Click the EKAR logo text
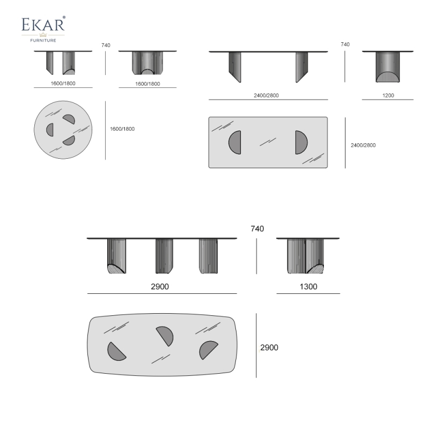pyautogui.click(x=43, y=25)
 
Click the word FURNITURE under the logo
pyautogui.click(x=43, y=40)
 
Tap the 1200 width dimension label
pyautogui.click(x=388, y=95)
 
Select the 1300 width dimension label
pyautogui.click(x=308, y=287)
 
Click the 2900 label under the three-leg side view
pyautogui.click(x=160, y=287)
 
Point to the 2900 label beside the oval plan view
pyautogui.click(x=269, y=347)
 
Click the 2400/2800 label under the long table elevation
pyautogui.click(x=266, y=95)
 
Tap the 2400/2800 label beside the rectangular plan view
pyautogui.click(x=363, y=145)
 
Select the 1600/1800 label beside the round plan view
pyautogui.click(x=122, y=129)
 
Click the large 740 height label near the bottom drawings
pyautogui.click(x=257, y=229)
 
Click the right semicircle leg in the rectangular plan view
pyautogui.click(x=300, y=143)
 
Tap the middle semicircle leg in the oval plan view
pyautogui.click(x=164, y=335)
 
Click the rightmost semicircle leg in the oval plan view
pyautogui.click(x=208, y=350)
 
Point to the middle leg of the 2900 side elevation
pyautogui.click(x=164, y=256)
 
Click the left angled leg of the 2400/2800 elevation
pyautogui.click(x=234, y=66)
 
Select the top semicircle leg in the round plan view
pyautogui.click(x=69, y=120)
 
